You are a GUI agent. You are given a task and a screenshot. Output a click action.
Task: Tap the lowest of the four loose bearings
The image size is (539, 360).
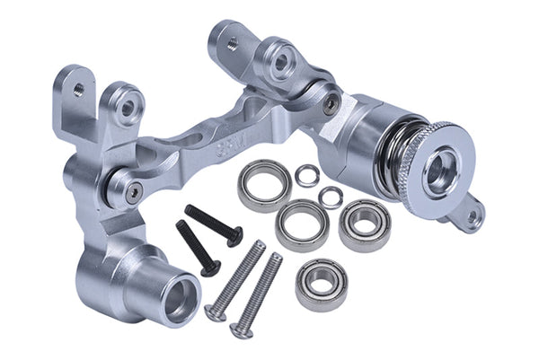click(321, 283)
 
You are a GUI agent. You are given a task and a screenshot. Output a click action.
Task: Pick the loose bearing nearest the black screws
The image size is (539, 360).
click(264, 184)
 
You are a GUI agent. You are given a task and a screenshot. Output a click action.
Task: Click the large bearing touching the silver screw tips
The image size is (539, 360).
click(302, 224)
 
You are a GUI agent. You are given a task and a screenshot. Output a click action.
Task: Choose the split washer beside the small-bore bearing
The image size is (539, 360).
click(331, 197)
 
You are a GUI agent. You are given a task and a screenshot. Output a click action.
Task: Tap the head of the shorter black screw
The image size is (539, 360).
click(210, 266)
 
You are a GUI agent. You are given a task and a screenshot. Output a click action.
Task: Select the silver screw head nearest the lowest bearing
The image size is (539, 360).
click(241, 329)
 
